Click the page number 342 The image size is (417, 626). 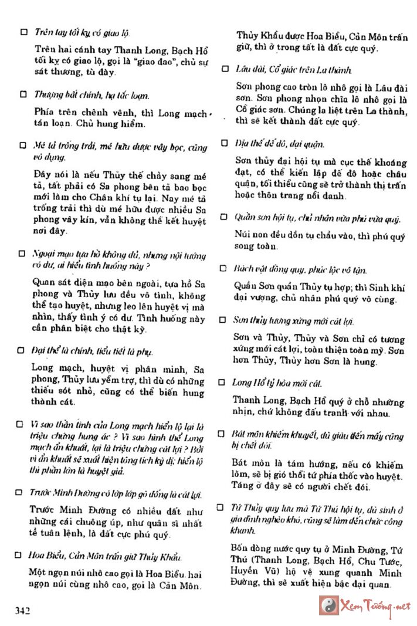(22, 611)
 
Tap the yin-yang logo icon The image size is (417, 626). (328, 604)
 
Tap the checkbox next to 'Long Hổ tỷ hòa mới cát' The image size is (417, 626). (222, 382)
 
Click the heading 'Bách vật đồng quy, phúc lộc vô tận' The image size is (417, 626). (300, 269)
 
